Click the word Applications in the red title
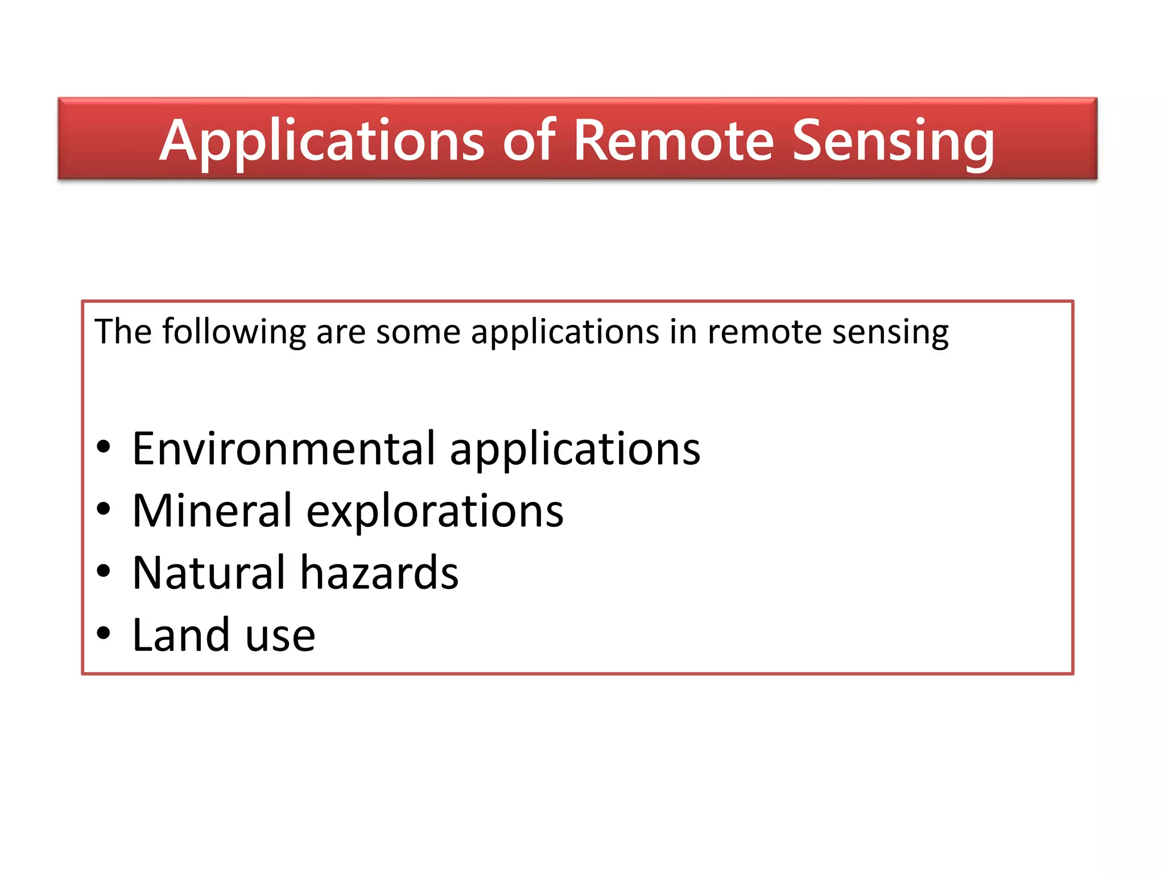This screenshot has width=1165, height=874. coord(321,141)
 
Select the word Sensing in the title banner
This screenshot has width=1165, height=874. coord(893,141)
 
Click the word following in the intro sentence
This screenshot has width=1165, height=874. coord(234,332)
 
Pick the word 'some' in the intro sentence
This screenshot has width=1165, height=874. coord(418,332)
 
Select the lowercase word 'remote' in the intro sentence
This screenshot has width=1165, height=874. coord(765,332)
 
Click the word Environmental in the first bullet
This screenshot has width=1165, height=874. coord(284,448)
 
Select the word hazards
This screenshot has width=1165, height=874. coord(379,572)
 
